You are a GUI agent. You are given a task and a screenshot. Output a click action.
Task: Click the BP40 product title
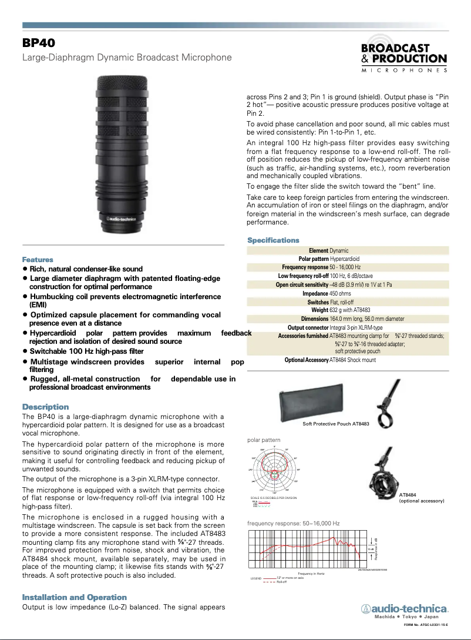(x=39, y=43)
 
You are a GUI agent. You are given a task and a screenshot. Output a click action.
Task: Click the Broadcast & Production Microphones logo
(x=404, y=58)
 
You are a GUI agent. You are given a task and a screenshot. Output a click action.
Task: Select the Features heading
(x=38, y=259)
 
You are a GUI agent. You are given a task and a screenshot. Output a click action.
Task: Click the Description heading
(x=45, y=407)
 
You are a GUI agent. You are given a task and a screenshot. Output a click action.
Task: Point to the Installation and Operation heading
(x=74, y=597)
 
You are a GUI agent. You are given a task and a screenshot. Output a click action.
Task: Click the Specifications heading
(x=273, y=240)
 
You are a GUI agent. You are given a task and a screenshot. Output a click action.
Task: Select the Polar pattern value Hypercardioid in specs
(x=345, y=259)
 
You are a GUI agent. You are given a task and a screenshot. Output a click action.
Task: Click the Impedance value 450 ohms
(x=340, y=293)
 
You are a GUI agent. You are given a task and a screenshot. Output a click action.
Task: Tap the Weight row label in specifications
(x=319, y=310)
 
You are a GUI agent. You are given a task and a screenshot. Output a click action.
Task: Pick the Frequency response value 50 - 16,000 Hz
(x=345, y=267)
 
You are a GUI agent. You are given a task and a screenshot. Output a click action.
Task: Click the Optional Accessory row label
(x=306, y=360)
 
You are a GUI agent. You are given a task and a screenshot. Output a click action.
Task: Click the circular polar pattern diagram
(x=274, y=470)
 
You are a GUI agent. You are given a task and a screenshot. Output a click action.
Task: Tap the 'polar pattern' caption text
(x=264, y=440)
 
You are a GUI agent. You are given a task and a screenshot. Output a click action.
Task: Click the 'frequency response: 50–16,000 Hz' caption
(x=293, y=522)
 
